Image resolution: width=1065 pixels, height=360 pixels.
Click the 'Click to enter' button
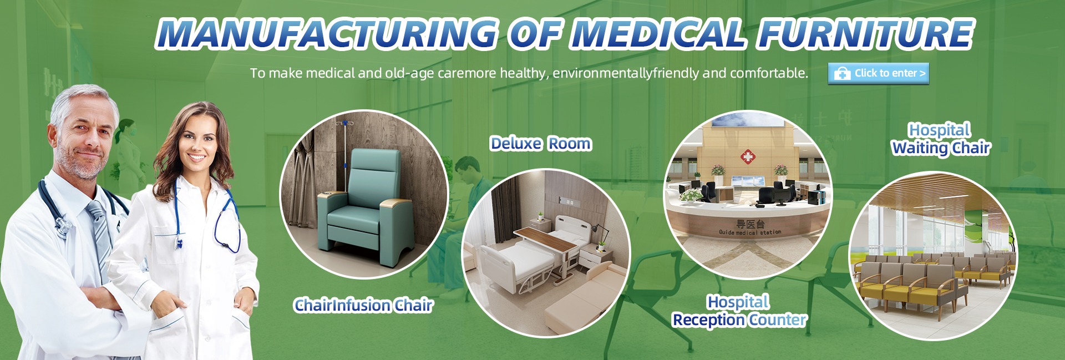click(x=878, y=73)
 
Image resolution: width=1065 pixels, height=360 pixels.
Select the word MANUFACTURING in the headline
click(x=327, y=33)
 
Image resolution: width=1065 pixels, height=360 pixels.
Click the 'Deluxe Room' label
click(x=541, y=144)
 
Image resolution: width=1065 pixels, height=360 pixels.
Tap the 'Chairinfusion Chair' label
click(x=363, y=305)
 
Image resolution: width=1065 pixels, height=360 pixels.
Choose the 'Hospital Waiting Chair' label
click(x=941, y=139)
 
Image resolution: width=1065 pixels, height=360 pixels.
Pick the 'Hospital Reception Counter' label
click(x=739, y=311)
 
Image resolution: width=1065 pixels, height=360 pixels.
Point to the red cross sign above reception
click(x=748, y=158)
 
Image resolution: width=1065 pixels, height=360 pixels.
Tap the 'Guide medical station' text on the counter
click(x=750, y=232)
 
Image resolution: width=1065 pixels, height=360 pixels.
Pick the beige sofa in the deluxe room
click(x=582, y=300)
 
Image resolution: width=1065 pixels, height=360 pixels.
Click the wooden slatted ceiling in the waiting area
click(x=937, y=194)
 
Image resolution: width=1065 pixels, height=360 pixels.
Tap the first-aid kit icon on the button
click(x=842, y=73)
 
